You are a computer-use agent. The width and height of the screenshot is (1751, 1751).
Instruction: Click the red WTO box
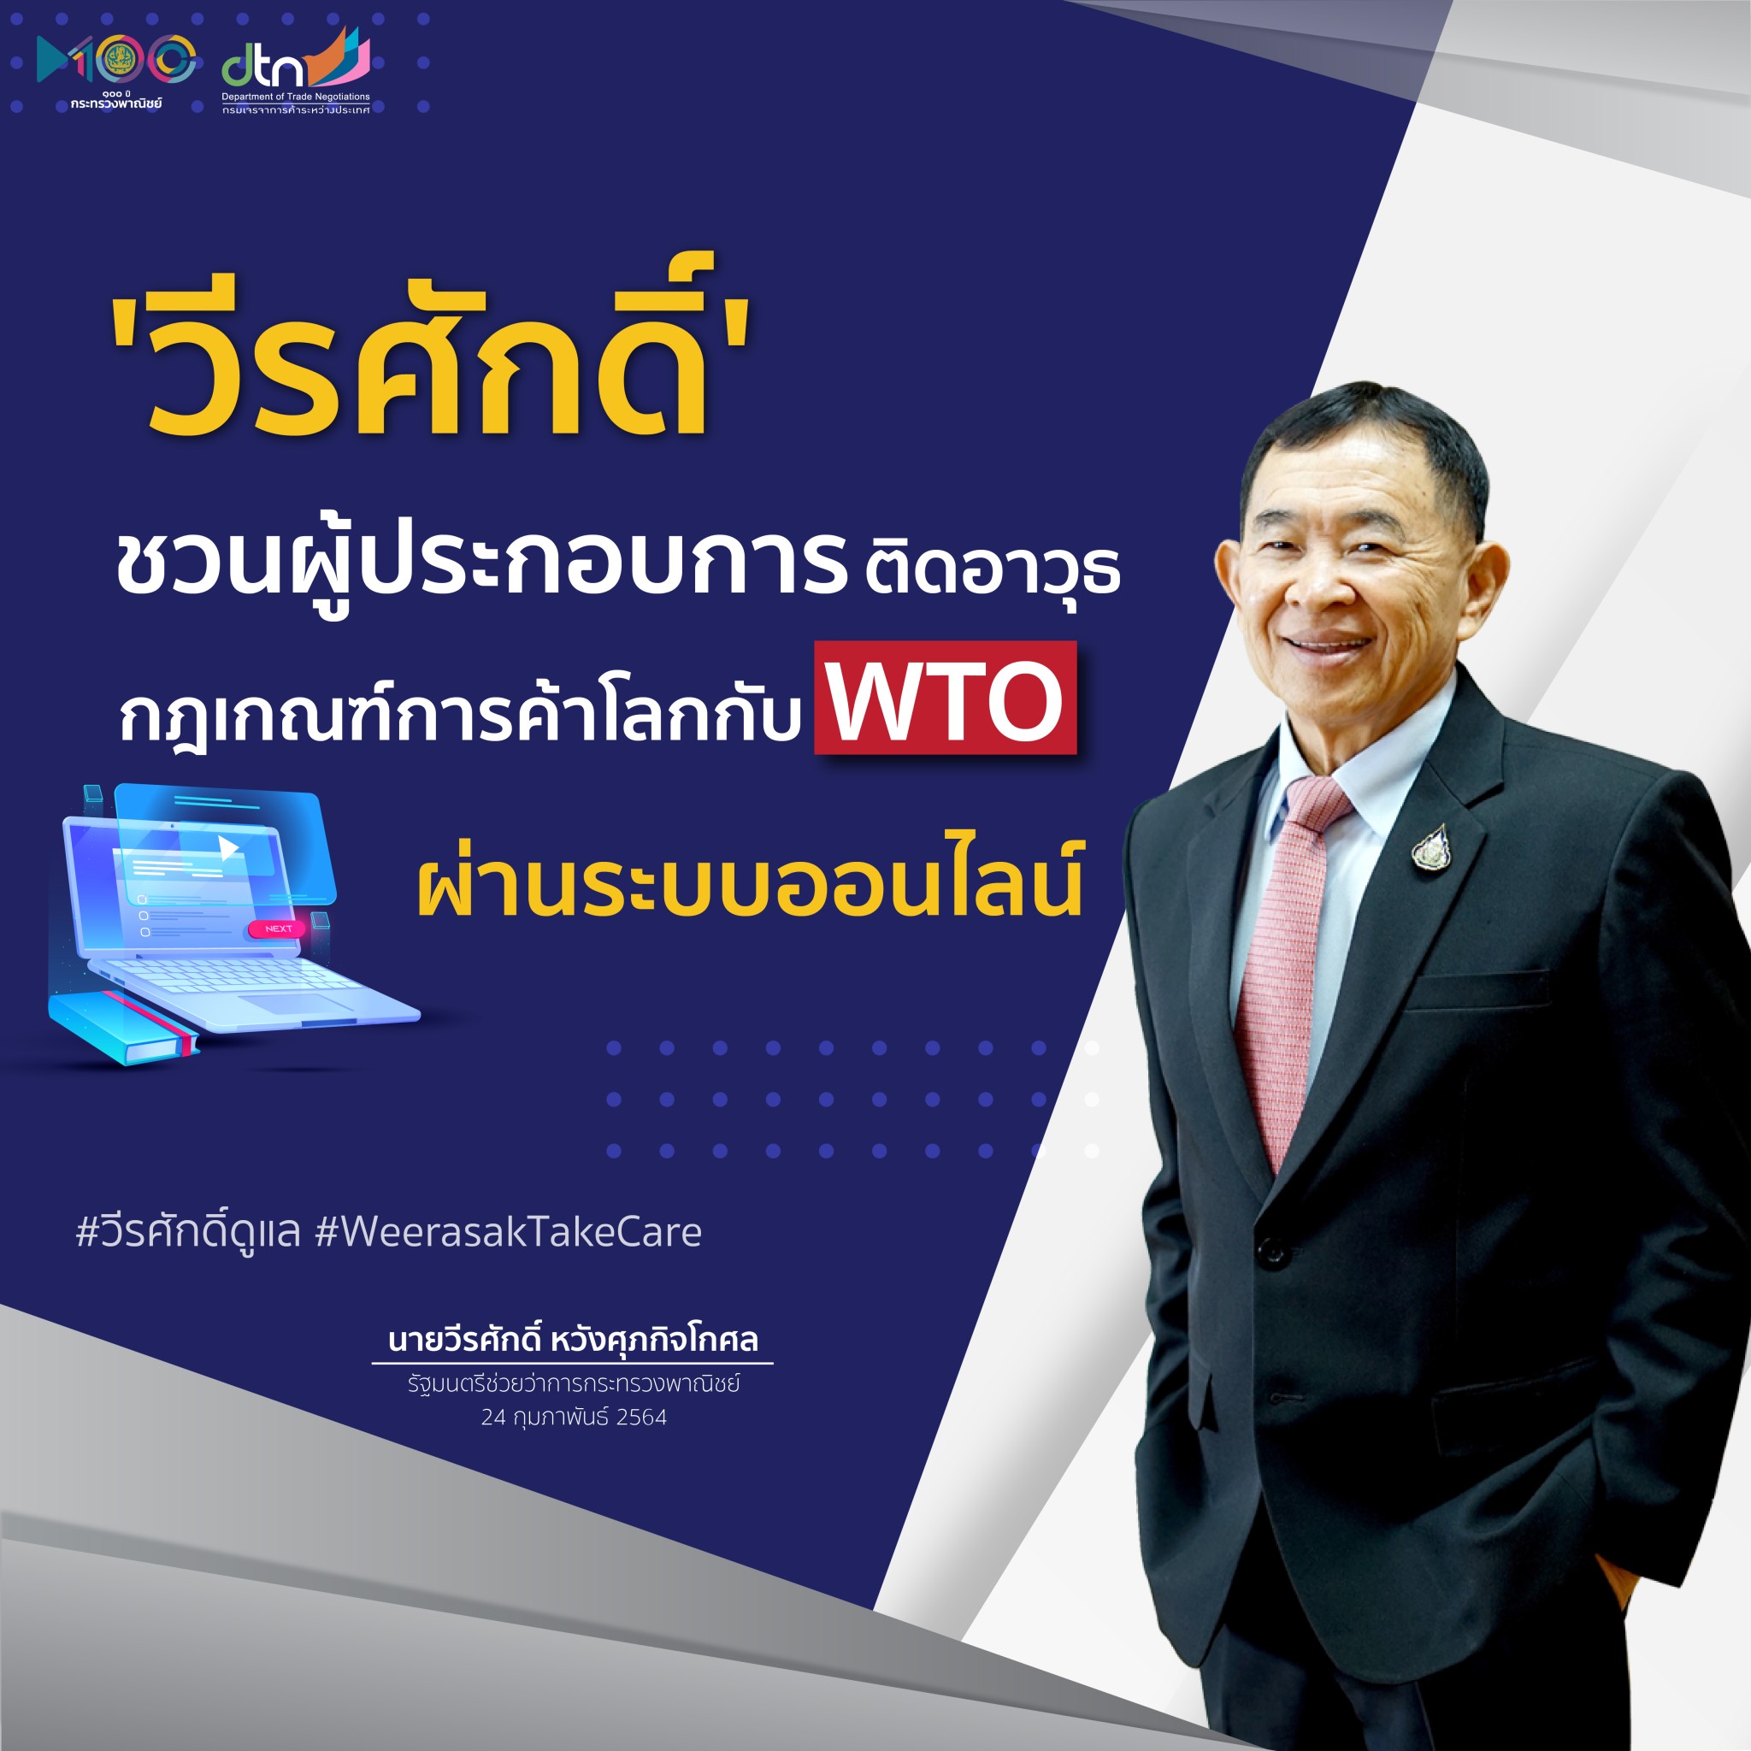[x=945, y=698]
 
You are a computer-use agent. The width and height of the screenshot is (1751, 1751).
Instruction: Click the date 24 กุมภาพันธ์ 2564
[x=574, y=1418]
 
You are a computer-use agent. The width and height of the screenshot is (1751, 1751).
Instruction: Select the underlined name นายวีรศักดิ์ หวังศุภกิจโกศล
[x=573, y=1340]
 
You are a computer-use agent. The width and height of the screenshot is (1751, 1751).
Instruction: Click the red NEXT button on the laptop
[x=278, y=928]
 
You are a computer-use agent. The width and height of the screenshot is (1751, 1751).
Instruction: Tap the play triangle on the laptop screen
[x=227, y=848]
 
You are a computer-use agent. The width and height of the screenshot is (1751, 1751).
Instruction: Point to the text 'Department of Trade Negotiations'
[x=296, y=96]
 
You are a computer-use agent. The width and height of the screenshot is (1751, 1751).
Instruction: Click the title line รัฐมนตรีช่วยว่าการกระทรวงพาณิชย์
[x=574, y=1384]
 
